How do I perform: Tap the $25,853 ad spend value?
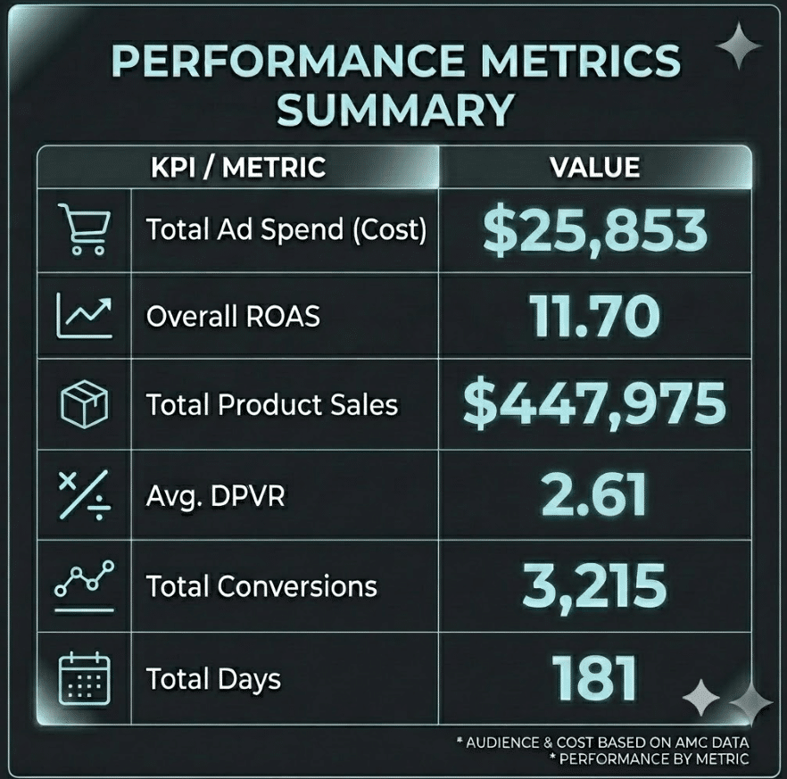coord(595,231)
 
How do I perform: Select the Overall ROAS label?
coord(234,317)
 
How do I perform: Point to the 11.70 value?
coord(595,316)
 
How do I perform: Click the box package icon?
coord(84,404)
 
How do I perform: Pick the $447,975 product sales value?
coord(595,404)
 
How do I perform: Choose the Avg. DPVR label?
coord(216,496)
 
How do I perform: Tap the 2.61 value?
coord(595,495)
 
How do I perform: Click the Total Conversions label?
coord(261,586)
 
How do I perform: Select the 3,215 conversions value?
coord(595,585)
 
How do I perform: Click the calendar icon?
coord(84,678)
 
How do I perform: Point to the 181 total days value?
coord(595,678)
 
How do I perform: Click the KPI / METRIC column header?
coord(238,167)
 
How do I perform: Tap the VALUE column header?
coord(595,167)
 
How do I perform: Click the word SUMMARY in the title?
coord(396,110)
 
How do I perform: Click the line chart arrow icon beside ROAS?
coord(84,316)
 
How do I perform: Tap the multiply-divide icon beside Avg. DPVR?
coord(84,495)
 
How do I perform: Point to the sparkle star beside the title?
coord(739,46)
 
